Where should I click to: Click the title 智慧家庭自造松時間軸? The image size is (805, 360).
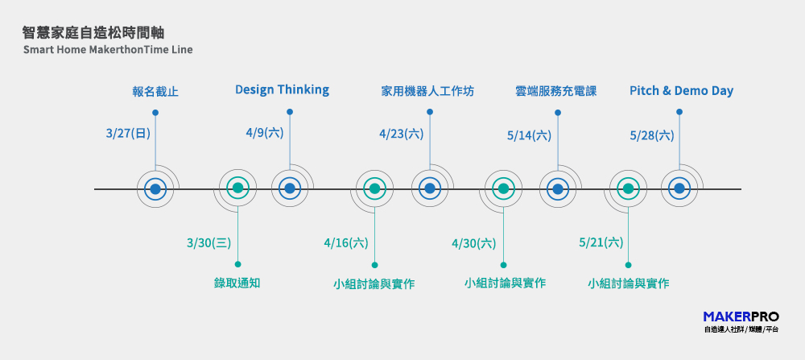pos(93,33)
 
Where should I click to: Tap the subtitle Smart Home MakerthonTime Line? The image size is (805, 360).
pos(108,50)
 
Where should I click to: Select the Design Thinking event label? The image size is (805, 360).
pos(282,90)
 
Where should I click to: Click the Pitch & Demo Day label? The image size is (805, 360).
pos(681,91)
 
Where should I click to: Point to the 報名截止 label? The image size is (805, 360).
pos(155,93)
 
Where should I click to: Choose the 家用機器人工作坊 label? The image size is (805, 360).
pos(427,92)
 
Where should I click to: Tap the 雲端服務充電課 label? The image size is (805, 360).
pos(556,92)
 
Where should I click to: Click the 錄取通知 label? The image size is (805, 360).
pos(237,283)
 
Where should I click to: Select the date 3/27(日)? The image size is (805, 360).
pos(128,134)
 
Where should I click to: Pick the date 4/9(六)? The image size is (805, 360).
pos(265,133)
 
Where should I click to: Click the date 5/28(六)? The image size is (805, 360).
pos(652,135)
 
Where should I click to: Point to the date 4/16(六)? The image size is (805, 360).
pos(346,243)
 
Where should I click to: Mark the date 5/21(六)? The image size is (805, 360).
pos(601,242)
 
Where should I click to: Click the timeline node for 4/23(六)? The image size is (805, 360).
pos(430,188)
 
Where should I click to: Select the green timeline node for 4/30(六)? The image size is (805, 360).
pos(503,188)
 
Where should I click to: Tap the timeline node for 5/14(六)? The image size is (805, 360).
pos(558,188)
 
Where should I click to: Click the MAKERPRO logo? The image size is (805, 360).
pos(741,321)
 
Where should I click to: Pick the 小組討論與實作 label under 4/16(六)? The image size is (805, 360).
pos(374,284)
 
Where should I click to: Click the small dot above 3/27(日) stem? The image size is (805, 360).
pos(155,113)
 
